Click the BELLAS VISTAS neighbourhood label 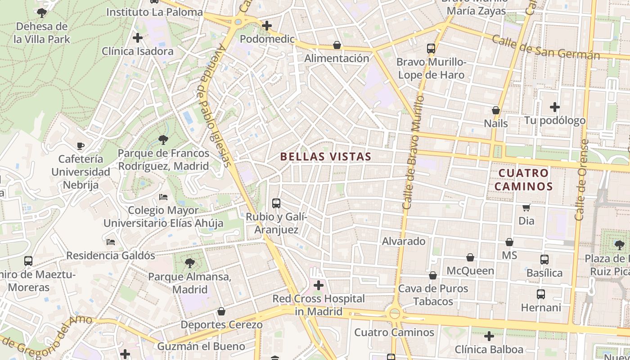click(x=326, y=157)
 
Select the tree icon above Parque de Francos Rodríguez click(x=163, y=139)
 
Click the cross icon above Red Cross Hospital click(x=319, y=285)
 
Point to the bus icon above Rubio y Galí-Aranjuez click(x=276, y=203)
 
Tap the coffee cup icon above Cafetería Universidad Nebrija click(x=81, y=145)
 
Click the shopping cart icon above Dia click(x=526, y=207)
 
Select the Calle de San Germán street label click(x=545, y=47)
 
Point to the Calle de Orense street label click(x=582, y=180)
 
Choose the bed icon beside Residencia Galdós click(x=111, y=242)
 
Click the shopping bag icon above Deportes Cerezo click(x=221, y=311)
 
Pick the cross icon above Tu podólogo click(x=555, y=107)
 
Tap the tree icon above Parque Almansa click(x=190, y=263)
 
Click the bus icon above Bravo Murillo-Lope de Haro click(x=431, y=48)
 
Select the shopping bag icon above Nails click(x=496, y=110)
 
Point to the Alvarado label click(x=404, y=241)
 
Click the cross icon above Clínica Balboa click(x=489, y=336)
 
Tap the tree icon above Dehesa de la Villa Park click(x=42, y=13)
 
